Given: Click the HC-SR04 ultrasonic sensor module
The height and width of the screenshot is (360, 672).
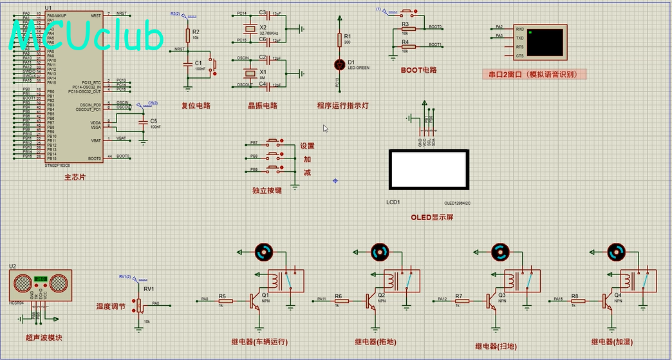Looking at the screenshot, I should [x=41, y=284].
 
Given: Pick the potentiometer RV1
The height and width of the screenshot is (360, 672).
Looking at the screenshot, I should [x=138, y=306].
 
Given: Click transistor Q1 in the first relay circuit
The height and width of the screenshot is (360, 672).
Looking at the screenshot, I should [x=254, y=299].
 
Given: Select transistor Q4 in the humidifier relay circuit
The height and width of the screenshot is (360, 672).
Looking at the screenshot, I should [x=608, y=299].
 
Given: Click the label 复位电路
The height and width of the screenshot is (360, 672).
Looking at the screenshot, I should [x=195, y=106].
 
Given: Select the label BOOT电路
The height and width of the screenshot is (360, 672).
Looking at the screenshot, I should [x=418, y=70].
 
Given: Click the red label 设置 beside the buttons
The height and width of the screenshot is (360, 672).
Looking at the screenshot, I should [x=307, y=146].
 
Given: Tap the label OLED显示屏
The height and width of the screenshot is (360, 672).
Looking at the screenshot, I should [x=432, y=218].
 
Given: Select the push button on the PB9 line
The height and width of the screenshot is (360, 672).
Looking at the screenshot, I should [x=274, y=169].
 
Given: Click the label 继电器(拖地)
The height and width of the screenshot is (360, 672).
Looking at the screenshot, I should [x=377, y=342].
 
